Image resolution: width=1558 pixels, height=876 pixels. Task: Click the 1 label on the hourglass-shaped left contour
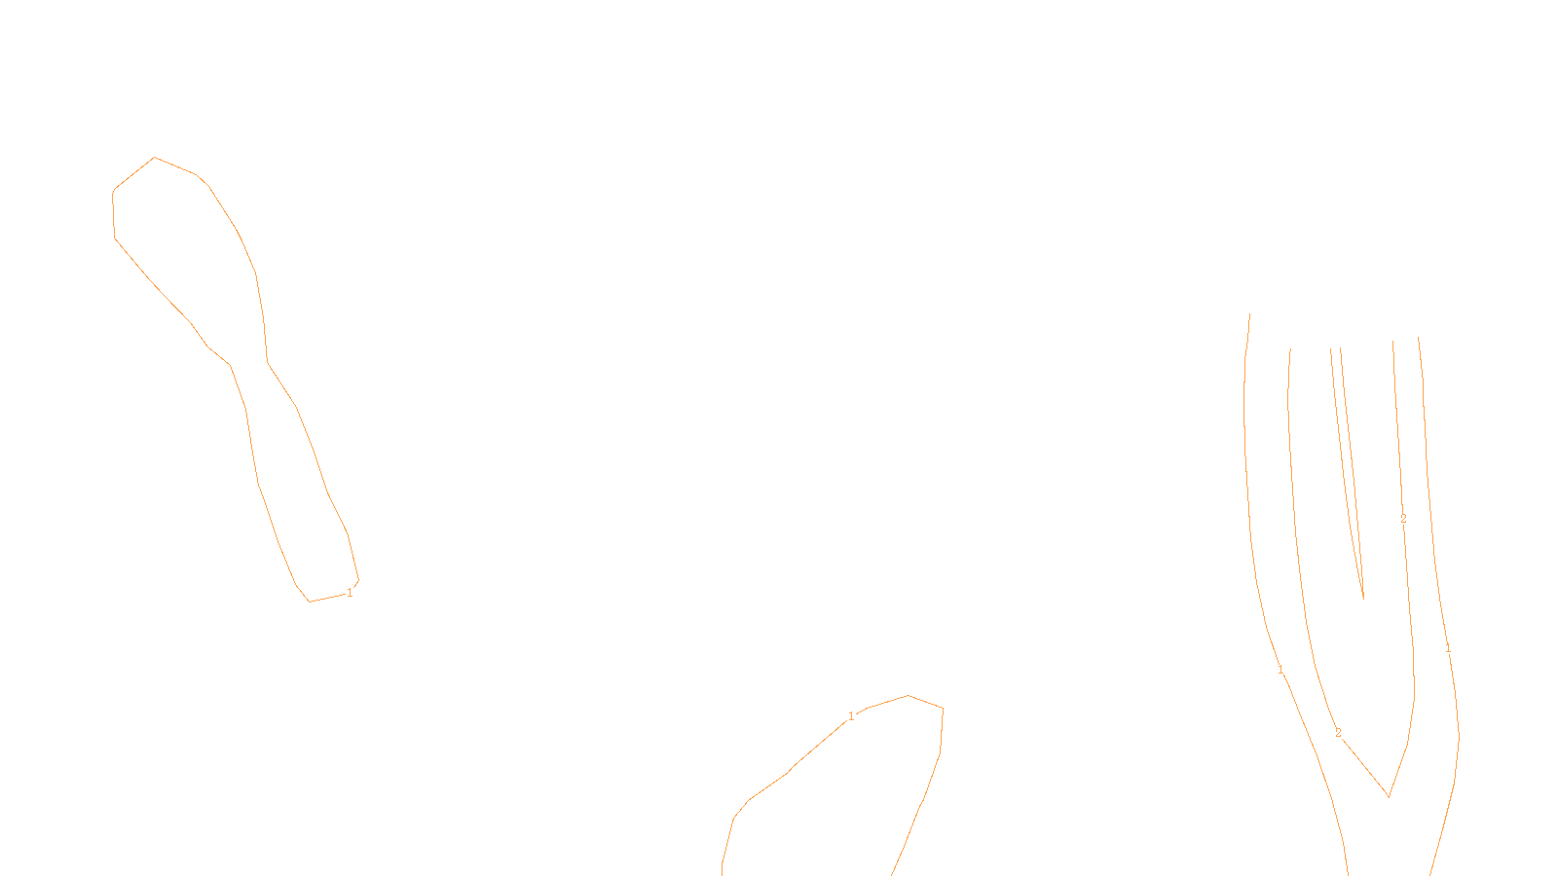(350, 592)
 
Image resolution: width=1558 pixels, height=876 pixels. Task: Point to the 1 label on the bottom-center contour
(851, 716)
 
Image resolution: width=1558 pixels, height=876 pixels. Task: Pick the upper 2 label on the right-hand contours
(1403, 519)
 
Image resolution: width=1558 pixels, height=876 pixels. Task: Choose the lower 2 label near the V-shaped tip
(1338, 733)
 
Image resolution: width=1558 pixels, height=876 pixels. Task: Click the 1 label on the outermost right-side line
(1448, 648)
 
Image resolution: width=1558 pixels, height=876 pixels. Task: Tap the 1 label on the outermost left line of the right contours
(1280, 671)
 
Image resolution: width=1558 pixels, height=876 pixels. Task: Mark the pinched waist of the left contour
(248, 363)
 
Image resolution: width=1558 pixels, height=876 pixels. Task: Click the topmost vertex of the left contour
(154, 158)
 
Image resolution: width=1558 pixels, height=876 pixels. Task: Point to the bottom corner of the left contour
(310, 602)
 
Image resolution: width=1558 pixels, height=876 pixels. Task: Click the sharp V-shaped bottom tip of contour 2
(1389, 797)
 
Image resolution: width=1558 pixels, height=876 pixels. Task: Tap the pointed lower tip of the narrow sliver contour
(1363, 598)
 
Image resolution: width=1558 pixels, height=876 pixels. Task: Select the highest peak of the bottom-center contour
(909, 695)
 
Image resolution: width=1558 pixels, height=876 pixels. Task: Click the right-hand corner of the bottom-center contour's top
(943, 708)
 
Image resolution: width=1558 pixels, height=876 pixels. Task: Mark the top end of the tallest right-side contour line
(1249, 313)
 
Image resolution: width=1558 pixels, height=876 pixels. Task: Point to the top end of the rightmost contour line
(1418, 338)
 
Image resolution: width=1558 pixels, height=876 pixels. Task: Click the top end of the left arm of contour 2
(1290, 350)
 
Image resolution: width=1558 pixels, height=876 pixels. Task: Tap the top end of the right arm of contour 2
(1392, 341)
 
